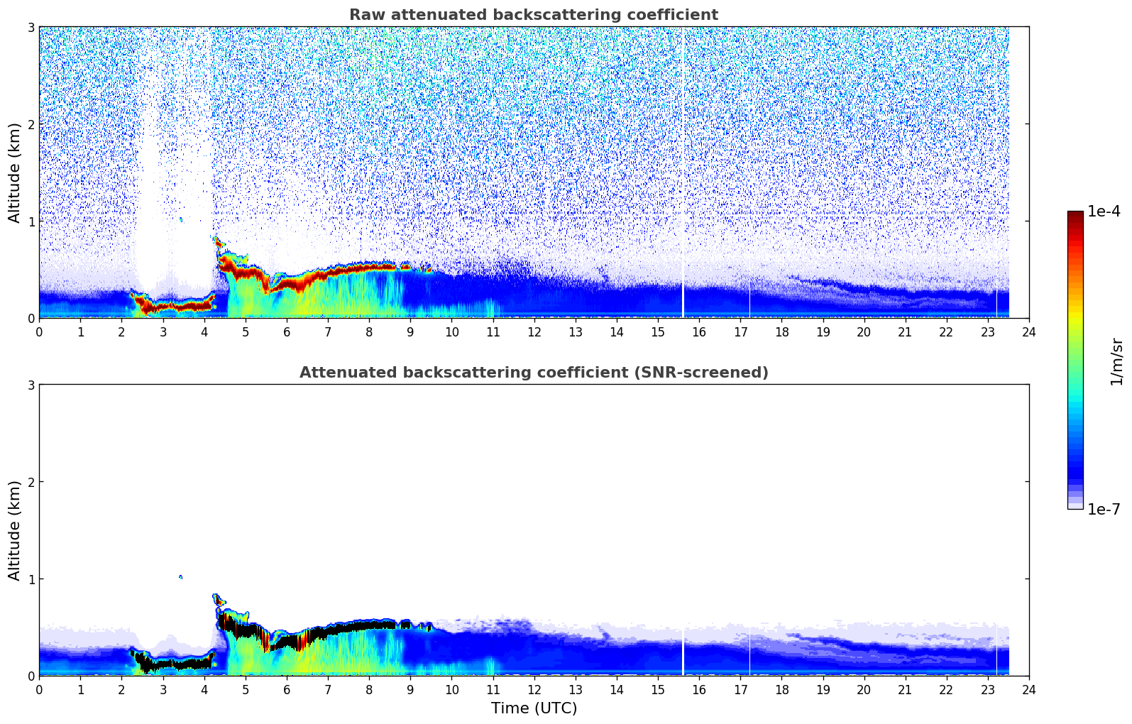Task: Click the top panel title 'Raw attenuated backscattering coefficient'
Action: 533,15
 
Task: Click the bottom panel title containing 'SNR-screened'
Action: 533,373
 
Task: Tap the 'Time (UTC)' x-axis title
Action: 534,708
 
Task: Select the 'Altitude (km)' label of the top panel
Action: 15,172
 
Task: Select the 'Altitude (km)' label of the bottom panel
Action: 15,530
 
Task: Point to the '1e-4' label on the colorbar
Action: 1104,212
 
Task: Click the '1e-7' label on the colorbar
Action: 1104,509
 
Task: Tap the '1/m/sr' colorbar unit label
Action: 1116,361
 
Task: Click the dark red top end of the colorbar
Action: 1075,214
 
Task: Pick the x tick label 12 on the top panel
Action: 534,331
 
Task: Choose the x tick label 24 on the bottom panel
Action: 1028,689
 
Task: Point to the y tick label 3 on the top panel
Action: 31,27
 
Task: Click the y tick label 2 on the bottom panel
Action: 31,482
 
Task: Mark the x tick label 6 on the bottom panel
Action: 287,689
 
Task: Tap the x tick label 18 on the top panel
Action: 781,331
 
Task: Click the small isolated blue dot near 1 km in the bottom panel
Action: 180,577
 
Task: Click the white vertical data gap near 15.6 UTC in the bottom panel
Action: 683,653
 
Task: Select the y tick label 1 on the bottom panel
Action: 31,579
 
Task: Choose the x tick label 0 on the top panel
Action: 39,331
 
